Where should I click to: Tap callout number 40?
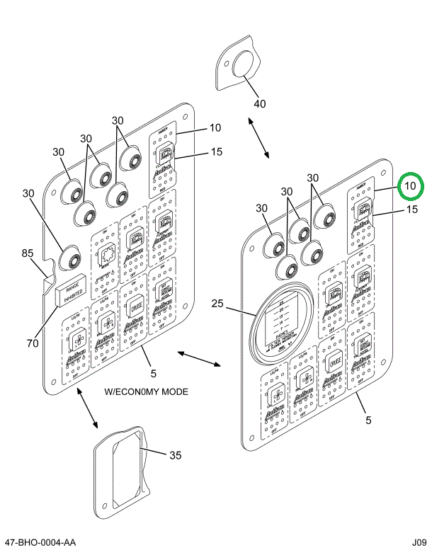tap(260, 103)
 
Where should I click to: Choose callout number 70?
tap(32, 344)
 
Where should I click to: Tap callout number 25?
tap(217, 304)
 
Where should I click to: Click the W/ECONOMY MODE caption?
tap(147, 391)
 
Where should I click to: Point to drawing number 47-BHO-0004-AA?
tap(40, 542)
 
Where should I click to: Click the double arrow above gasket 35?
tap(86, 408)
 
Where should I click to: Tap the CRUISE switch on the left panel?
tap(135, 308)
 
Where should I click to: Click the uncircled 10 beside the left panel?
tap(215, 128)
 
